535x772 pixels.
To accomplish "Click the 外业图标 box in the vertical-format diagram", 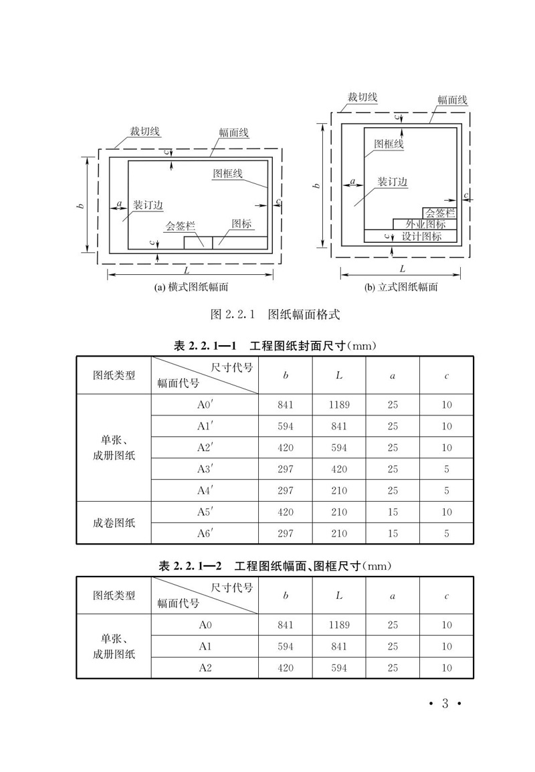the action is click(x=424, y=225).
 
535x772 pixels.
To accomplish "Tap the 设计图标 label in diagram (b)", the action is click(x=421, y=236).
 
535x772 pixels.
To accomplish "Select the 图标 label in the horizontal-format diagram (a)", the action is click(x=241, y=223).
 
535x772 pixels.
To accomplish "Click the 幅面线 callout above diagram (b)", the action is click(x=452, y=100).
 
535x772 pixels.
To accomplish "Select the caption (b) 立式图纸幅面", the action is click(x=401, y=287).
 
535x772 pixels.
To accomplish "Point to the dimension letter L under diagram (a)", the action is click(x=187, y=270).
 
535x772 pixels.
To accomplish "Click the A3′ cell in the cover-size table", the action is click(x=205, y=469).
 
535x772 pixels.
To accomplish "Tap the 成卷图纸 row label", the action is click(x=114, y=522).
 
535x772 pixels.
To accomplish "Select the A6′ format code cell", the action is click(x=205, y=533).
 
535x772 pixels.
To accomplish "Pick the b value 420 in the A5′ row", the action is click(x=286, y=512).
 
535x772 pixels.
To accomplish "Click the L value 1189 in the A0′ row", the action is click(x=339, y=405).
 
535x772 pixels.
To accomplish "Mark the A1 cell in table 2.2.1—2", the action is click(x=205, y=646).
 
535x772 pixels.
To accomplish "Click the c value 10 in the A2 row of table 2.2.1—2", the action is click(x=446, y=668).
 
